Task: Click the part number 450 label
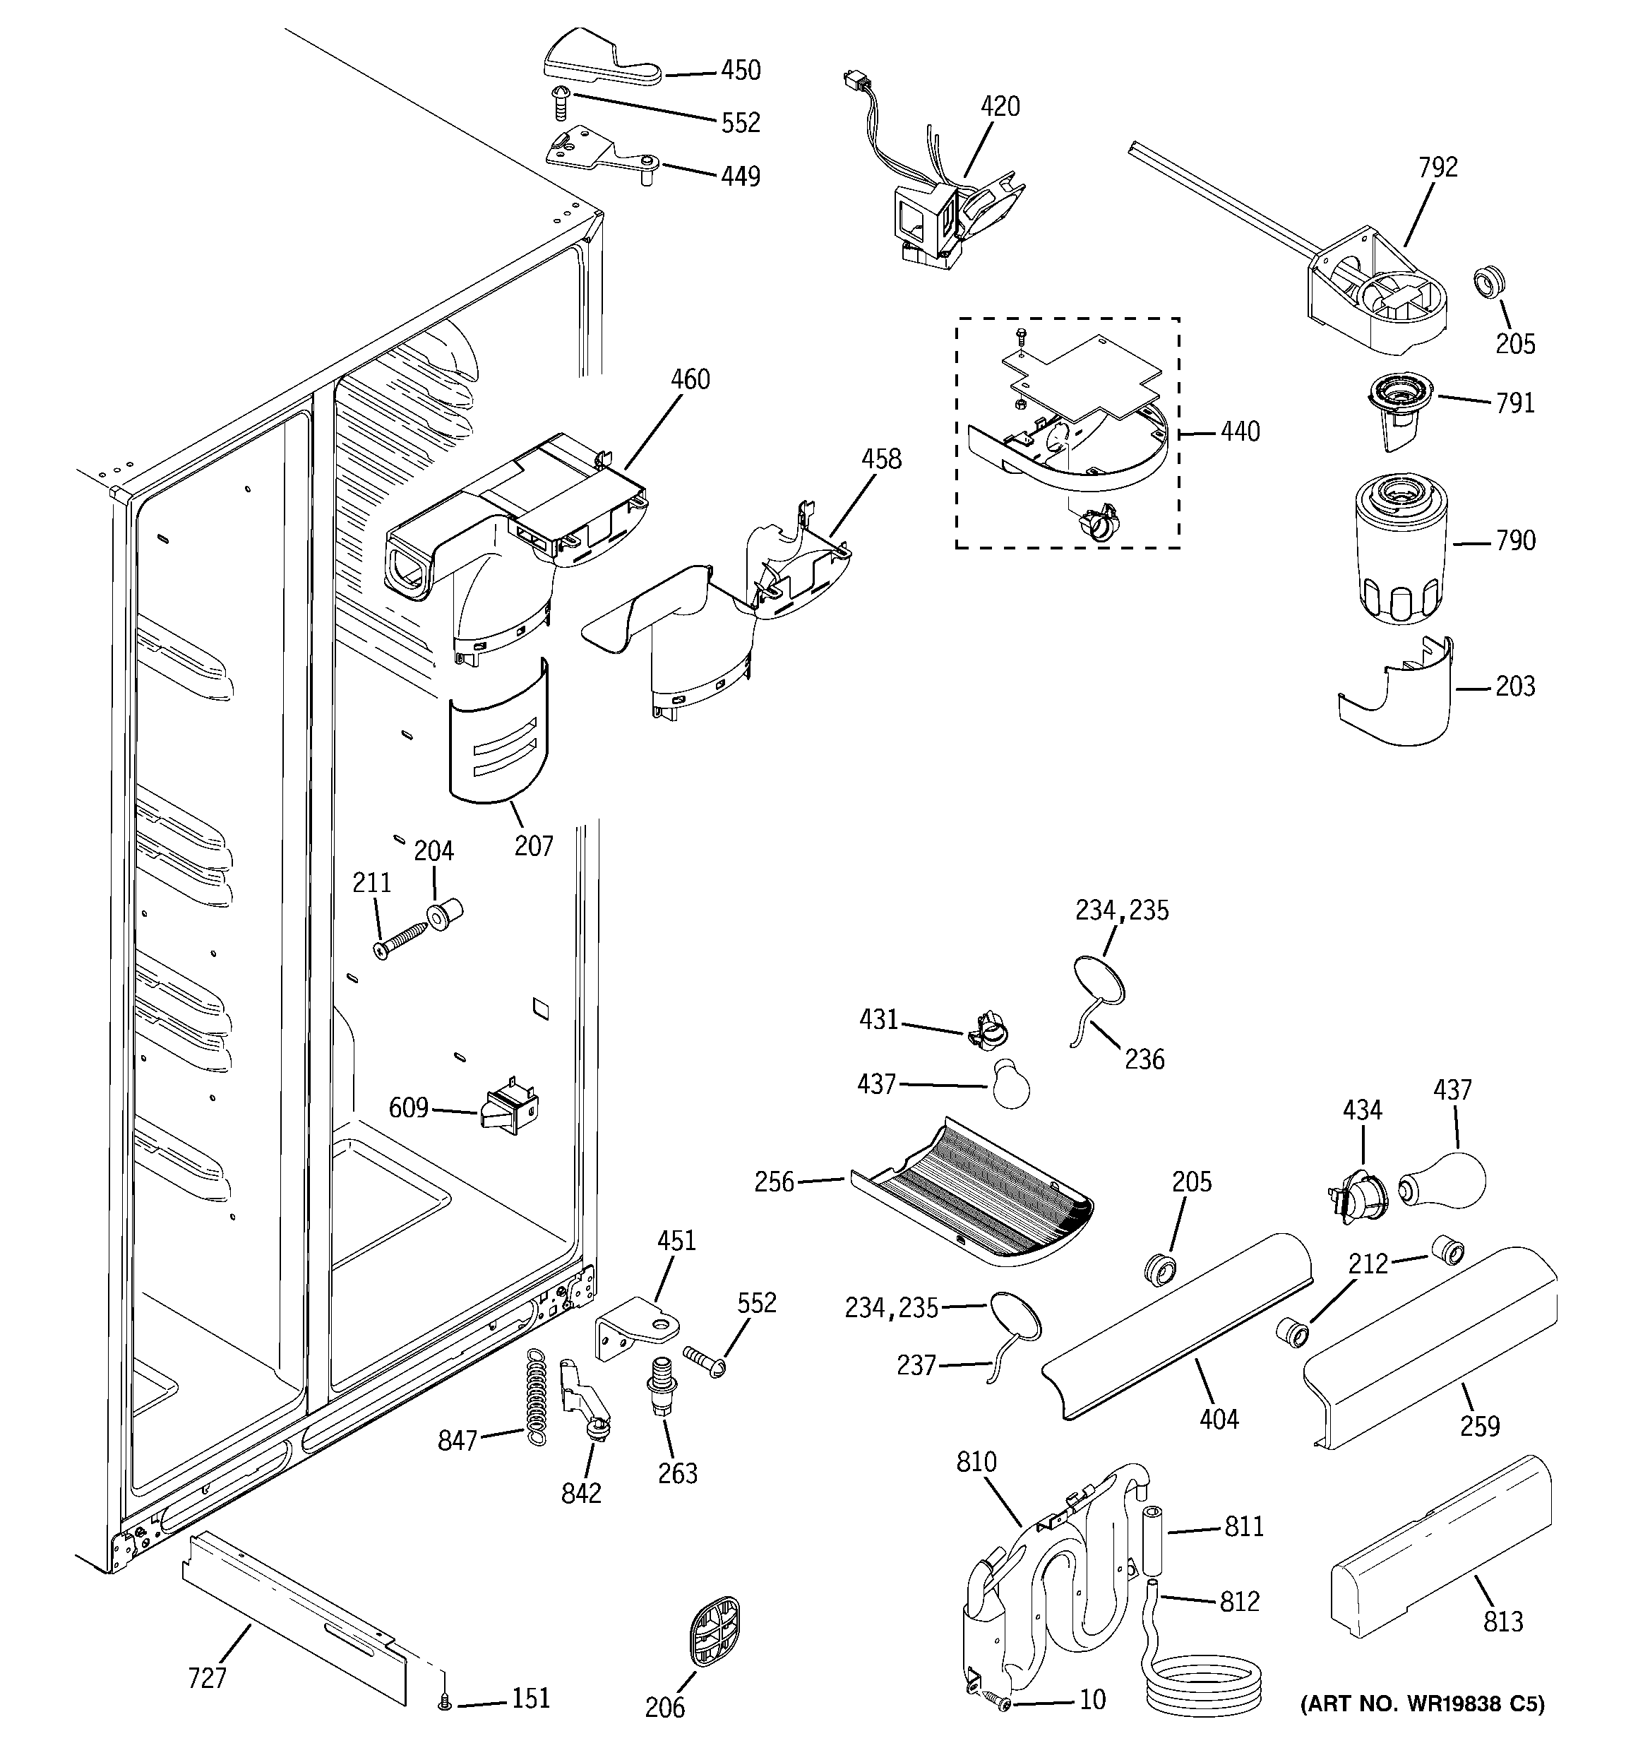[x=741, y=71]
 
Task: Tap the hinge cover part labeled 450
[x=598, y=64]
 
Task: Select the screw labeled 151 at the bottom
[x=445, y=1704]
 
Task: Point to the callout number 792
[x=1437, y=167]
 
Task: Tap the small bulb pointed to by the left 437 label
[x=1010, y=1084]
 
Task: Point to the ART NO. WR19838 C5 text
[x=1422, y=1704]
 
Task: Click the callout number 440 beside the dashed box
[x=1240, y=432]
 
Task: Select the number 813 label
[x=1502, y=1622]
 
